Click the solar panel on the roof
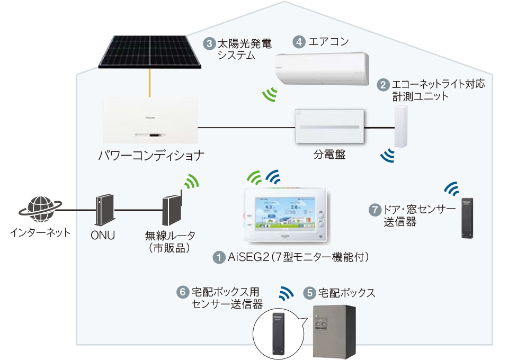(x=150, y=52)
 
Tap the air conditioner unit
(x=323, y=68)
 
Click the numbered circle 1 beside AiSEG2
(x=218, y=258)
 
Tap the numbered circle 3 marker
(x=209, y=43)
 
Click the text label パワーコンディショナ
(x=151, y=157)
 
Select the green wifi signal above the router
(x=191, y=182)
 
